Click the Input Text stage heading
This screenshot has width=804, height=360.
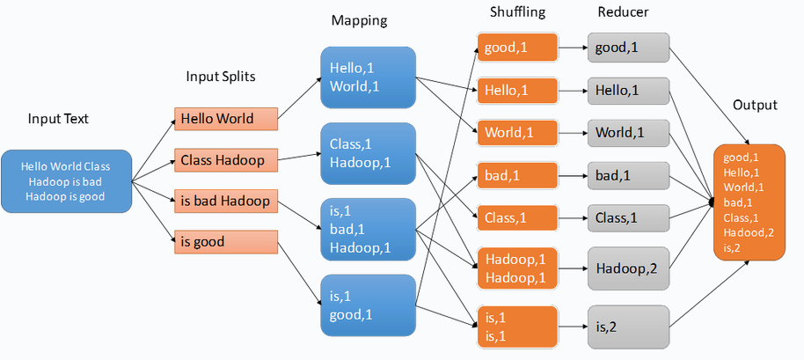pos(58,119)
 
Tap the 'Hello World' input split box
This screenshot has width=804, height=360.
pos(226,119)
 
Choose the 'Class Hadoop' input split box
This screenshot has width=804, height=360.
pos(226,160)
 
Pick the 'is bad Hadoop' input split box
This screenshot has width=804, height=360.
pos(226,202)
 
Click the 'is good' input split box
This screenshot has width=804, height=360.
pos(226,241)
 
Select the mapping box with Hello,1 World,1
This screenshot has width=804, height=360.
pos(368,77)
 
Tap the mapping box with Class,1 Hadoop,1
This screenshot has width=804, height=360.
pos(368,153)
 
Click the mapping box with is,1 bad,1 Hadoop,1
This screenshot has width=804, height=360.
pos(368,229)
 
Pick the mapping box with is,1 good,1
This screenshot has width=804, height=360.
pos(368,305)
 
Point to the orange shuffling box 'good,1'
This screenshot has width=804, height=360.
pos(517,47)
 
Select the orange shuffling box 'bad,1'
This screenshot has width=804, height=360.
pos(517,175)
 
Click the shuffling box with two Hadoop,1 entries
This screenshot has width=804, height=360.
pos(517,268)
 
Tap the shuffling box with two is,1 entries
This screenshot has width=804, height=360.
pos(517,327)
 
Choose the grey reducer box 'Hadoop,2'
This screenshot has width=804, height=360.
pos(629,268)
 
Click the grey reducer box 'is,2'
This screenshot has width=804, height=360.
pos(629,327)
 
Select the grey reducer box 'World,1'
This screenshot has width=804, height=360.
pos(629,132)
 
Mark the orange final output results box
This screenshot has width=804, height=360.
pos(749,202)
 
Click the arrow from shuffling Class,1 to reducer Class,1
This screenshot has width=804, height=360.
pos(574,217)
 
